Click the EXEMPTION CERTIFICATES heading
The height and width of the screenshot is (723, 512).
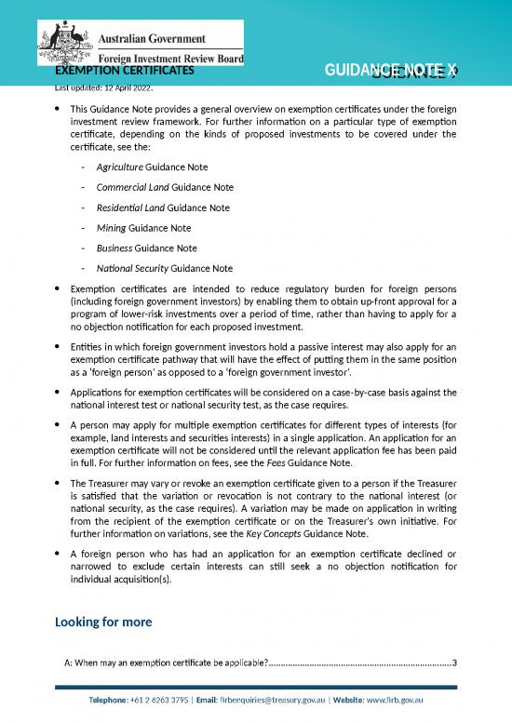[125, 70]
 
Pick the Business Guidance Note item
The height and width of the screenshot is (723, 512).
[147, 248]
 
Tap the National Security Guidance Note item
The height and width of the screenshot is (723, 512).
[158, 268]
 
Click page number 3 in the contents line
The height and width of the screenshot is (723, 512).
[453, 663]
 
